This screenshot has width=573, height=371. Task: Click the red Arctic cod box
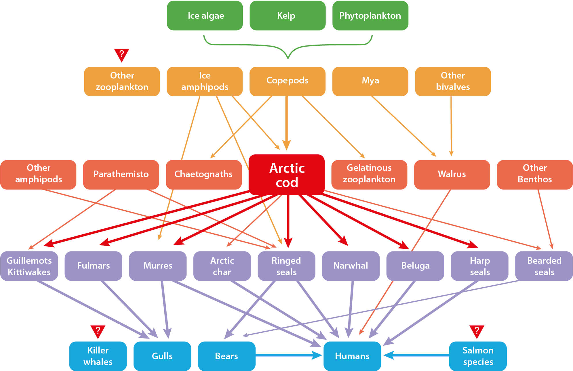click(x=287, y=175)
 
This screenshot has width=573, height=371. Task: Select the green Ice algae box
click(x=205, y=16)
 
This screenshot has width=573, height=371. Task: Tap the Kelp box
click(x=288, y=16)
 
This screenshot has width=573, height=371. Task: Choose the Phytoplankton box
click(x=370, y=16)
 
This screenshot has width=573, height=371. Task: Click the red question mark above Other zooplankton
click(x=121, y=54)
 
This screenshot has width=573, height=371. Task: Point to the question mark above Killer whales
click(x=98, y=331)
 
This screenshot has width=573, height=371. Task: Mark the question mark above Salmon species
click(x=477, y=331)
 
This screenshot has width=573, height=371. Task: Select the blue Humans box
click(x=352, y=356)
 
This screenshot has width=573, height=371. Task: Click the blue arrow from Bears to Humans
click(x=288, y=355)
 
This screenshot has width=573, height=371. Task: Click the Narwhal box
click(x=351, y=266)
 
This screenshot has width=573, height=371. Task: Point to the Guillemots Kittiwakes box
click(x=29, y=266)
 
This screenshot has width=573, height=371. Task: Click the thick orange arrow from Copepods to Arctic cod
click(x=286, y=121)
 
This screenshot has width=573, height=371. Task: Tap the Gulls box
click(x=162, y=356)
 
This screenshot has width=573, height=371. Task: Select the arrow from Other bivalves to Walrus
click(x=451, y=127)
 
